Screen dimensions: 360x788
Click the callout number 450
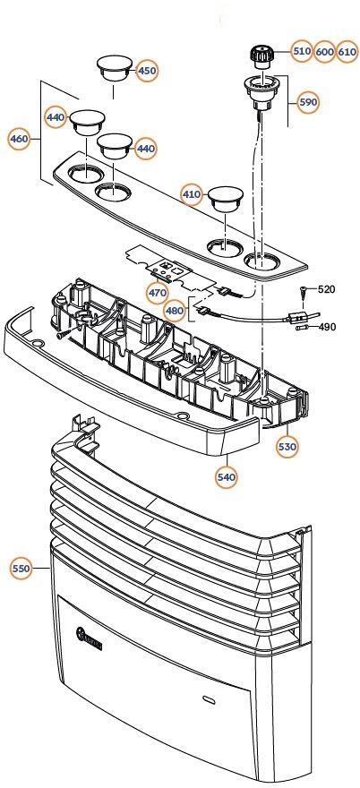point(147,71)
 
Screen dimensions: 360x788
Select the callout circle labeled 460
point(20,139)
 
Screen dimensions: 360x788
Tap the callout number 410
point(192,194)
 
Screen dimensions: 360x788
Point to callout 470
point(158,293)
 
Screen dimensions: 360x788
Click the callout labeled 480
point(175,311)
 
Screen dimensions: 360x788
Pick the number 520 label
point(327,289)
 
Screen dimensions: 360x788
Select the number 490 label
point(327,327)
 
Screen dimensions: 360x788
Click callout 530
point(287,446)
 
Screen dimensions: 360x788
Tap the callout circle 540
point(227,477)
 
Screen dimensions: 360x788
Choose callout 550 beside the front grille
point(21,569)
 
